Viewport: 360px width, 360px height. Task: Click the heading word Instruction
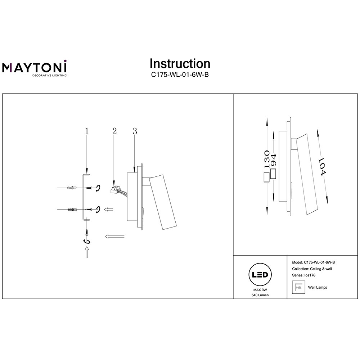(180, 64)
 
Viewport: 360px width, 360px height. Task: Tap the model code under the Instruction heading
(180, 75)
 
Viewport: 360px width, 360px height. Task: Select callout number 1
(87, 131)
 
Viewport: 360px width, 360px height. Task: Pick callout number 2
(114, 131)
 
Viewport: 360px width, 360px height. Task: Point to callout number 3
(135, 131)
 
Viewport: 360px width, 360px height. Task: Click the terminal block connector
(114, 189)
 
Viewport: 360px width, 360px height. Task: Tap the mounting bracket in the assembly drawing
(83, 196)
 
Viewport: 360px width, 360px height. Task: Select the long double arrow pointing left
(114, 236)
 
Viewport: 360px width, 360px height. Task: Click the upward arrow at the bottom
(86, 253)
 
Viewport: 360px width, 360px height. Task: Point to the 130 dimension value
(267, 160)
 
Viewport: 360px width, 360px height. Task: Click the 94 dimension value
(274, 160)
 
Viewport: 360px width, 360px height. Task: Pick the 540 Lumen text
(260, 295)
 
